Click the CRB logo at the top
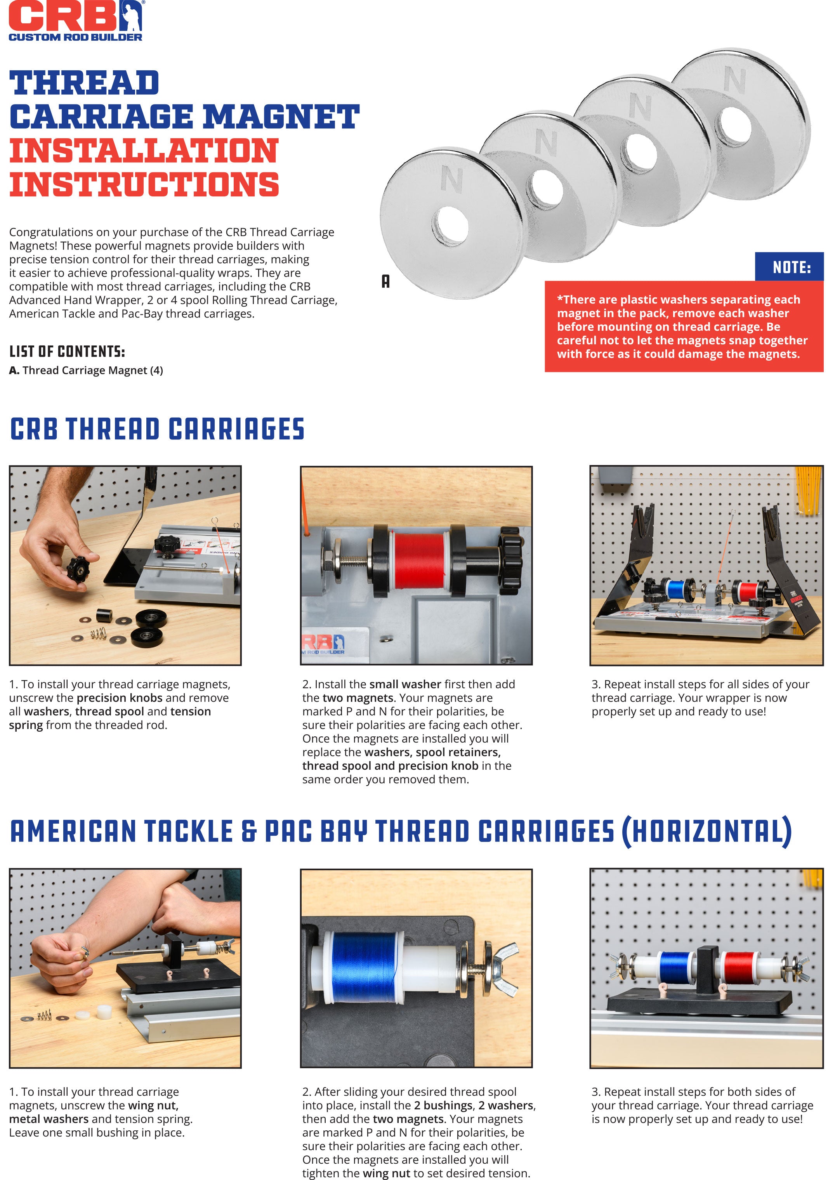76,21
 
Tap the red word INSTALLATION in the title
144,151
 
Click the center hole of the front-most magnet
451,227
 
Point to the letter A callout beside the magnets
385,281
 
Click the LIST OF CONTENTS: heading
67,352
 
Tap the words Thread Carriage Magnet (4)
92,371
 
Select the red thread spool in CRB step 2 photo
419,561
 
